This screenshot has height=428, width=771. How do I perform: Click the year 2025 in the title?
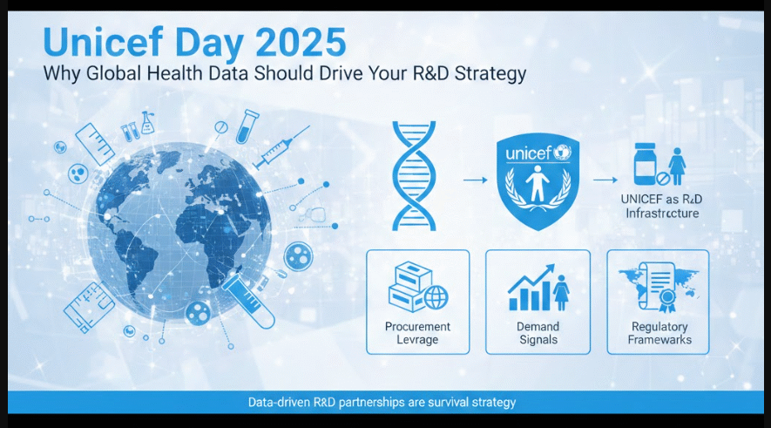[301, 43]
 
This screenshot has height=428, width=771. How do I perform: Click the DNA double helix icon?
[414, 176]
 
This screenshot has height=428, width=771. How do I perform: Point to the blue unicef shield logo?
[538, 182]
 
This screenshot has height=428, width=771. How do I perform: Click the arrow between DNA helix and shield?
[475, 180]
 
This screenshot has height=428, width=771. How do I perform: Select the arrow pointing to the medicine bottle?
[605, 180]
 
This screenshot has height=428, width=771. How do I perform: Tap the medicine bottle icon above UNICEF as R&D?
[646, 164]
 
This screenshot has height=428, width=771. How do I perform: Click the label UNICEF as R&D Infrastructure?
[662, 206]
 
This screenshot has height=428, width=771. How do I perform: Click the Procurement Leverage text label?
[417, 333]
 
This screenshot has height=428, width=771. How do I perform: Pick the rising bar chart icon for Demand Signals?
[532, 288]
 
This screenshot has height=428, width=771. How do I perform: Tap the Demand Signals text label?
[538, 333]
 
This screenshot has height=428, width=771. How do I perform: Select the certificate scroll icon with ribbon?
[658, 287]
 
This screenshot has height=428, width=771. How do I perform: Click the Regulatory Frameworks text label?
[659, 333]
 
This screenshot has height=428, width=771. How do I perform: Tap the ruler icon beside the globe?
[95, 144]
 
